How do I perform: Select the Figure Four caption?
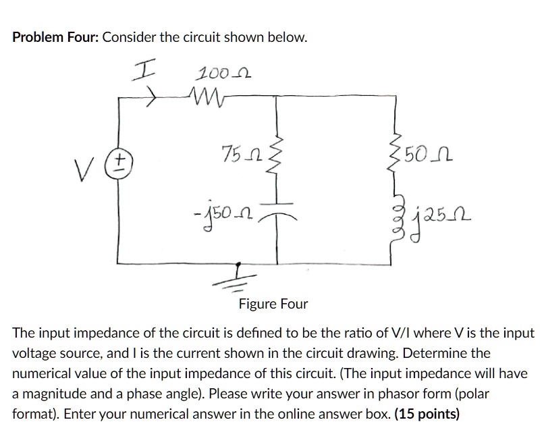(273, 304)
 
